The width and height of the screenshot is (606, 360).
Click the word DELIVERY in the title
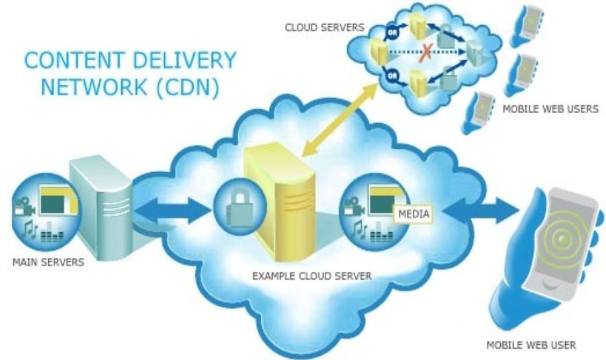(x=184, y=60)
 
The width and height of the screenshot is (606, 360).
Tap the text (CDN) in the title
(x=188, y=87)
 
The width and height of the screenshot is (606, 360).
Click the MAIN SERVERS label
(x=48, y=262)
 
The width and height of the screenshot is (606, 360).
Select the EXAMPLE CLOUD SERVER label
(x=312, y=276)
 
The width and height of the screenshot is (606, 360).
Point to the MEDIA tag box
(x=413, y=214)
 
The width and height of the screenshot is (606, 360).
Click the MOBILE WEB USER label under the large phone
(x=531, y=345)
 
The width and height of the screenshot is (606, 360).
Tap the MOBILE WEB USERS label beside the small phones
(x=550, y=109)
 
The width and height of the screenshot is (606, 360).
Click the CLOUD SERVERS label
(x=325, y=27)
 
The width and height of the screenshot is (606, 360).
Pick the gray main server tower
(x=101, y=207)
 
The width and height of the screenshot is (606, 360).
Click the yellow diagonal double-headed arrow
(x=339, y=120)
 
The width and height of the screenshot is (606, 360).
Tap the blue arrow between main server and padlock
(x=172, y=210)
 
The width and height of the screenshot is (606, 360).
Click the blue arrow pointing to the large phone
(x=481, y=210)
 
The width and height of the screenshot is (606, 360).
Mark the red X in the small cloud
(x=426, y=52)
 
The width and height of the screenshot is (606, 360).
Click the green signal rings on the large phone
(x=564, y=240)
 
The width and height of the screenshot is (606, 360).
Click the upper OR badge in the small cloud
(x=392, y=33)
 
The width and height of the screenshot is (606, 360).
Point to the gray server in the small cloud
(x=474, y=52)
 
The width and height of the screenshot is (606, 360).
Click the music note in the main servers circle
(x=28, y=230)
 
